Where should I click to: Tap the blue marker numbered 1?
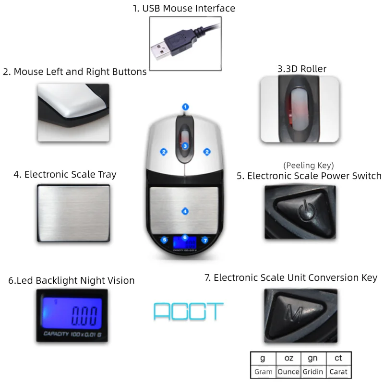186,107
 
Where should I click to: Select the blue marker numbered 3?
185,145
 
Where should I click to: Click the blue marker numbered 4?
185,211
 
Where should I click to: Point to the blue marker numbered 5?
165,240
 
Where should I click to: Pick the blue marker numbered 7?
205,240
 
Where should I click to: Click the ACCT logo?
188,312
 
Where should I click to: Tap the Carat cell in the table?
338,372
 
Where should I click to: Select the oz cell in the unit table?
288,359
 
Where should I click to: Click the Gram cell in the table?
263,372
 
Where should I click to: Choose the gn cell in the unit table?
313,359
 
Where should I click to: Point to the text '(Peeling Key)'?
309,165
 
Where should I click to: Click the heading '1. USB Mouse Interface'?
184,8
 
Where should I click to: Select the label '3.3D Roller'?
302,69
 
